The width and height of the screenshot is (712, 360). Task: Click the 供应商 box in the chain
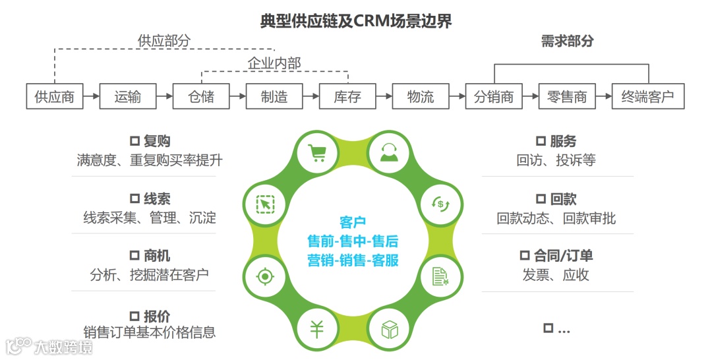point(55,97)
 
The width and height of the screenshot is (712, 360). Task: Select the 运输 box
point(128,97)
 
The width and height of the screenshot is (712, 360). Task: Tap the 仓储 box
point(201,97)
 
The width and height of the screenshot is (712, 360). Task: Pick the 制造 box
point(274,97)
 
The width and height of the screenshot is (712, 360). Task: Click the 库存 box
point(347,97)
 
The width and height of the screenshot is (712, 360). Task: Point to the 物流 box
point(421,97)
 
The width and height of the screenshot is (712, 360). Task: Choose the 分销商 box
point(494,97)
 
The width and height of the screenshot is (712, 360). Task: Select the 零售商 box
point(567,97)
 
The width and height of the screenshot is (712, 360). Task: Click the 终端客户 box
point(648,97)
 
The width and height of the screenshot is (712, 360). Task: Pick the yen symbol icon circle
point(317,328)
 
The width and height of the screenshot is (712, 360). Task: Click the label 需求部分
point(567,41)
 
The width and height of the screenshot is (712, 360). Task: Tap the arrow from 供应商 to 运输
point(91,97)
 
